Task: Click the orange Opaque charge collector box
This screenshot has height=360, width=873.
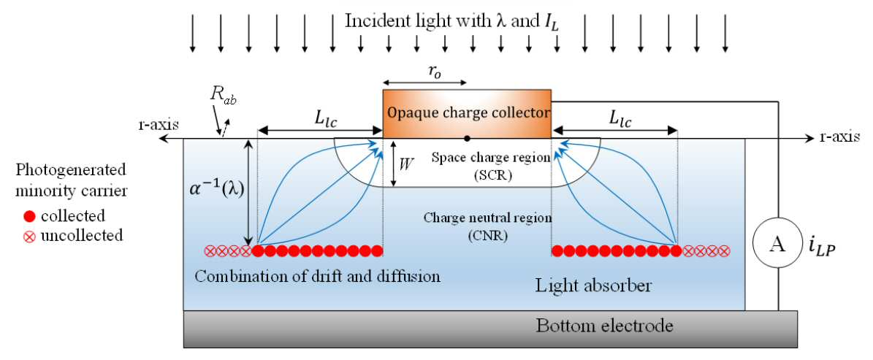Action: point(467,113)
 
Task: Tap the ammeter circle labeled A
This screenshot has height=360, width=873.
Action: point(778,245)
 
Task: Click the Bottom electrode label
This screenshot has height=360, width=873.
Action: point(605,325)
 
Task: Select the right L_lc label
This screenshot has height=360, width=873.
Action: point(614,120)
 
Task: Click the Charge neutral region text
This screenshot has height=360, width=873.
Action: point(488,217)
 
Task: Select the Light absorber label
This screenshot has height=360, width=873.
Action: point(593,286)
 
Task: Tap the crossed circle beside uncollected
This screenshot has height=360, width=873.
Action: point(31,236)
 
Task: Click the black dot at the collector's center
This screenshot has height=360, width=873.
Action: point(467,138)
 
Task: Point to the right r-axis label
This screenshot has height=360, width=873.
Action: point(839,136)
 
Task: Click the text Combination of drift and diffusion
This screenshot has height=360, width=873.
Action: point(317,276)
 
